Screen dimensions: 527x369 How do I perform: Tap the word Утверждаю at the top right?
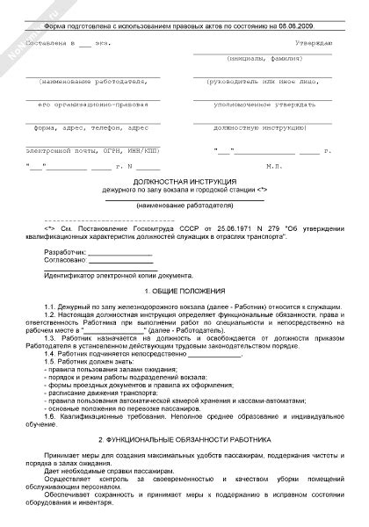click(313, 42)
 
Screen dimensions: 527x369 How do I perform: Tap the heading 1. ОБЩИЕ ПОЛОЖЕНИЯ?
click(184, 290)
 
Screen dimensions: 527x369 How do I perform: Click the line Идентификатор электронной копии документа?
click(114, 274)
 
